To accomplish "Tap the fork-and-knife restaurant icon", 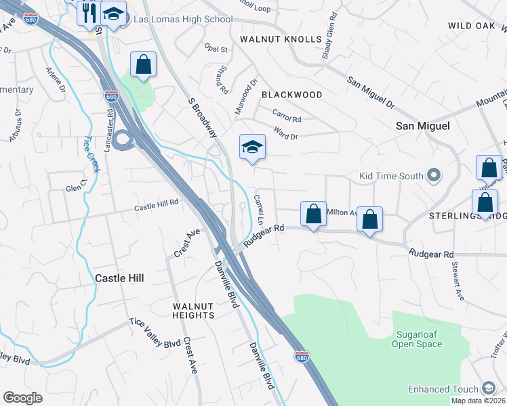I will pos(89,12).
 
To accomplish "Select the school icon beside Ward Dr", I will pos(252,147).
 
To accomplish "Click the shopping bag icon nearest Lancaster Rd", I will pos(144,65).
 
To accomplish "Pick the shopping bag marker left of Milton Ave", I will pos(313,214).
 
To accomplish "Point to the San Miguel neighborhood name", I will pos(423,126).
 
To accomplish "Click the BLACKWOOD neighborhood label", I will pos(291,95).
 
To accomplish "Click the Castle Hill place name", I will pos(119,278).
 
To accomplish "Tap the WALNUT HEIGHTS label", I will pos(193,311).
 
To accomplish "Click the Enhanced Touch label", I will pos(443,389).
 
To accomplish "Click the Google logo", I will pos(23,398).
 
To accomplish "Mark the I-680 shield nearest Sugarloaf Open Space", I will pos(302,356).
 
